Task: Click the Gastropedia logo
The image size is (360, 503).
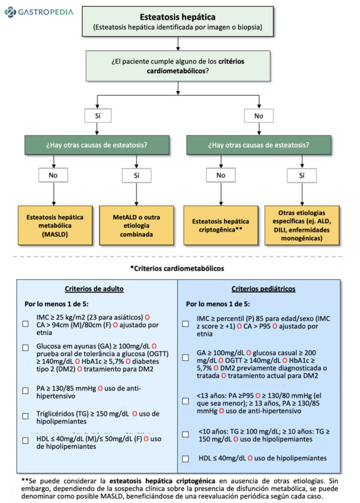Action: [38, 12]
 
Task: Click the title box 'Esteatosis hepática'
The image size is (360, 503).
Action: [177, 23]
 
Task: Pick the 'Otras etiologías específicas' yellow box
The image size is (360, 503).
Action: [302, 226]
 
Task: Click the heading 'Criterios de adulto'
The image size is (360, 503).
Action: [94, 289]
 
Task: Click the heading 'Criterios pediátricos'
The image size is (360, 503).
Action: [263, 289]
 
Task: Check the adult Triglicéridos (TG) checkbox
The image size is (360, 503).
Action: [26, 416]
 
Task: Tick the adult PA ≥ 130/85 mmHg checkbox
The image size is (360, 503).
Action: [26, 390]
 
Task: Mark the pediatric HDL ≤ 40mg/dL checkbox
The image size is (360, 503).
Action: [185, 459]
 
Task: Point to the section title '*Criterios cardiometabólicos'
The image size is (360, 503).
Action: [177, 268]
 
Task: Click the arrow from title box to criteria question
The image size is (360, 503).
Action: [177, 43]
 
